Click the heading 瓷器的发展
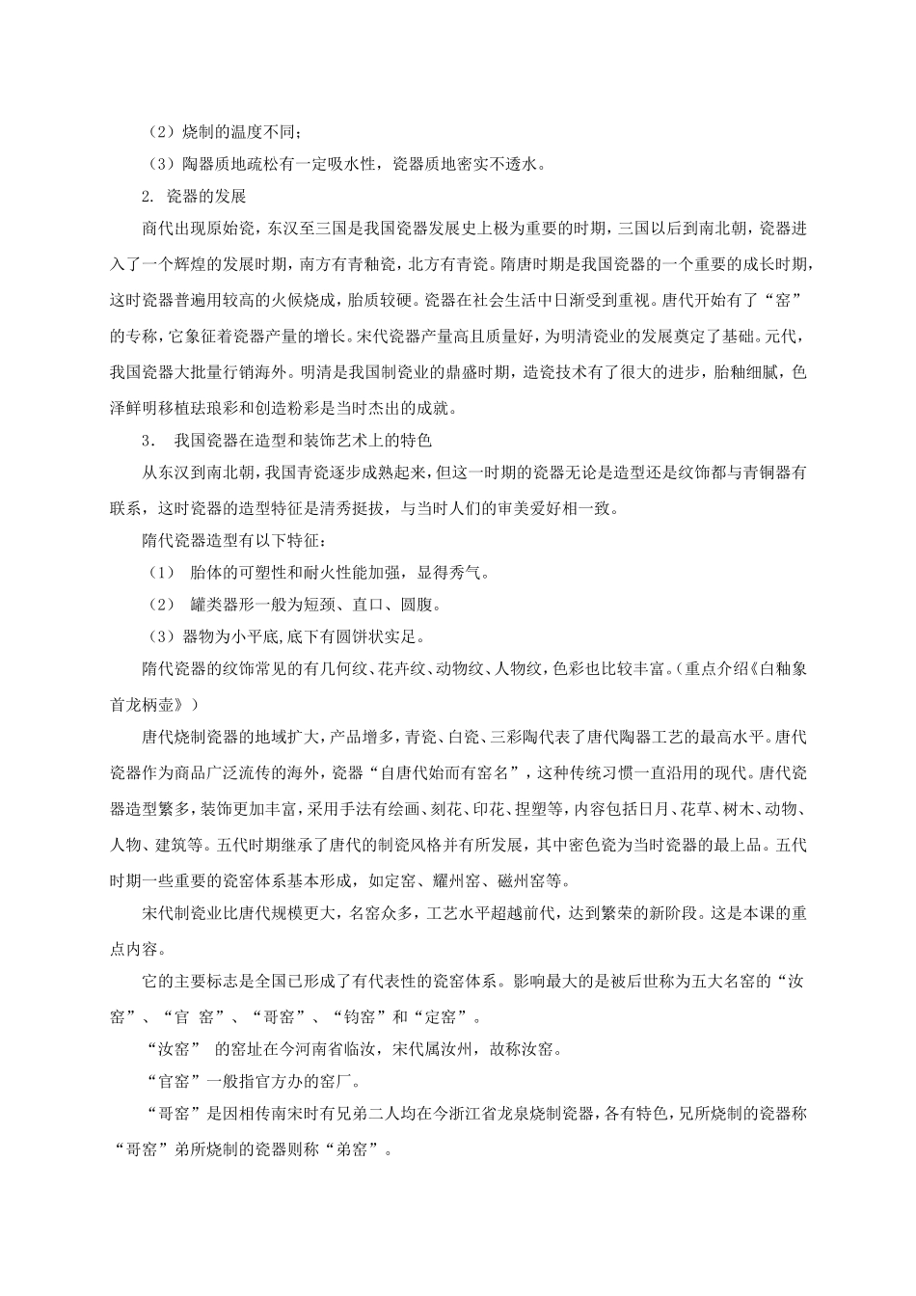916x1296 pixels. [x=206, y=197]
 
